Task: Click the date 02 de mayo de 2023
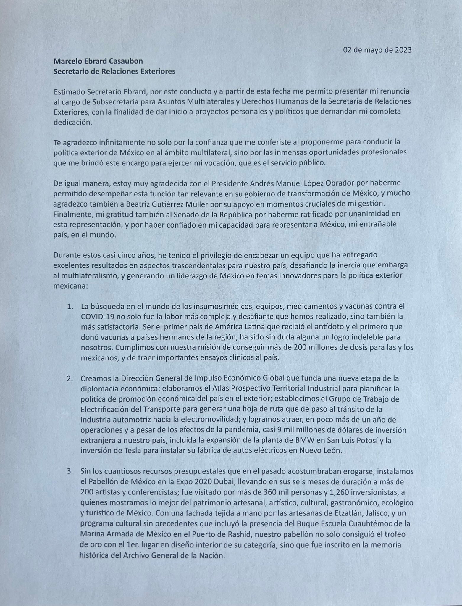[x=377, y=50]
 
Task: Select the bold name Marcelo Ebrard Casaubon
[x=98, y=61]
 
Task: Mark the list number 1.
[x=70, y=306]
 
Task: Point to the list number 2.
[x=70, y=378]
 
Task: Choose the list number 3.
[x=70, y=471]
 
